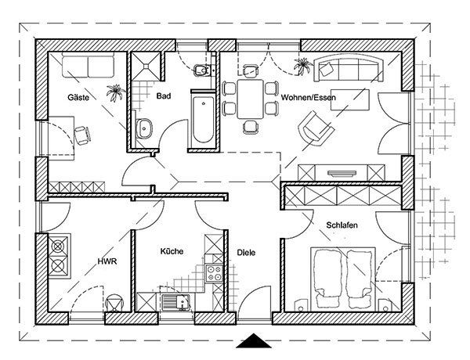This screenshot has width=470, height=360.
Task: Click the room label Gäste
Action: (x=78, y=97)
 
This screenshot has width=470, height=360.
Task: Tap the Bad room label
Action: (x=164, y=95)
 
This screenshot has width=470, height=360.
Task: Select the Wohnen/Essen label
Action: (x=308, y=97)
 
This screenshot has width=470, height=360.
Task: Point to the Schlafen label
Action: (x=342, y=225)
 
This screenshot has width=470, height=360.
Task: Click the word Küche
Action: (x=172, y=251)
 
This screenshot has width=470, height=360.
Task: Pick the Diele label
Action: (x=246, y=253)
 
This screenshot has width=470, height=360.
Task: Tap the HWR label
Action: (x=107, y=261)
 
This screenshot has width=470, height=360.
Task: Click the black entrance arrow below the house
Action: (x=254, y=341)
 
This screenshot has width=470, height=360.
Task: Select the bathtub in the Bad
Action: (x=203, y=119)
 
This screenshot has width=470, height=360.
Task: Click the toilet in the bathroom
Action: (x=202, y=70)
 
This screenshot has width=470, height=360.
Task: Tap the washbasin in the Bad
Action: (x=144, y=129)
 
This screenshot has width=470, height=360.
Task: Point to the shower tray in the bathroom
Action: (x=146, y=66)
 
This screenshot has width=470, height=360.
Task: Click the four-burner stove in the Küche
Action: (x=214, y=273)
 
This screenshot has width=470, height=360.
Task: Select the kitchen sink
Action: (x=177, y=302)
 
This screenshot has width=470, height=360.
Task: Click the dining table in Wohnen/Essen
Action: (x=251, y=99)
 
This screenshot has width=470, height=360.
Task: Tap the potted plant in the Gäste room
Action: (x=115, y=92)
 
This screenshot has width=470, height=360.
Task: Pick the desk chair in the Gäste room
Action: (x=82, y=135)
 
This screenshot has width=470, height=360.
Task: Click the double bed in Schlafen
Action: (x=343, y=279)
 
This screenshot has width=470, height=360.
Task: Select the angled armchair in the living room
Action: (x=316, y=128)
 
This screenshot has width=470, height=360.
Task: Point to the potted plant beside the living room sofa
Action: (x=302, y=66)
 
